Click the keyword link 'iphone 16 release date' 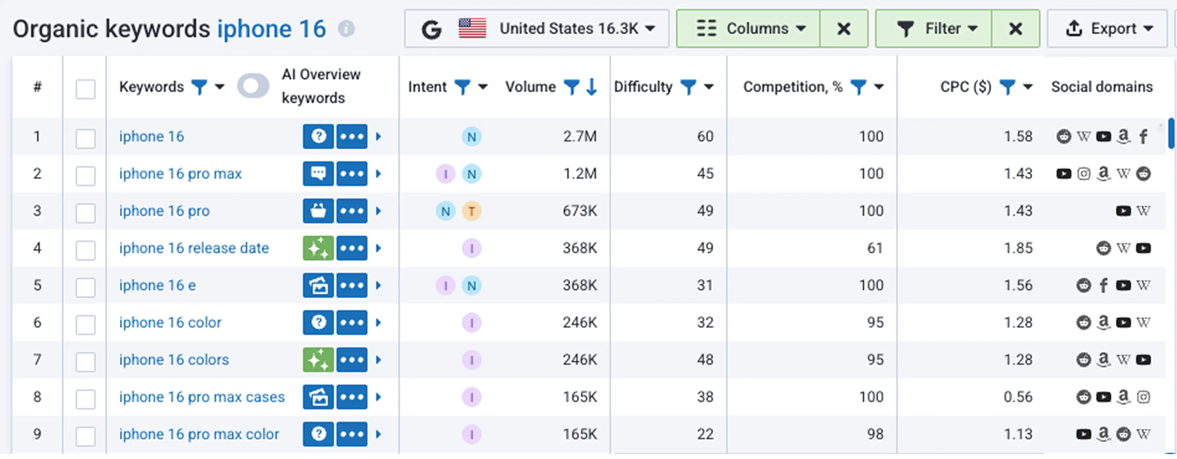194,248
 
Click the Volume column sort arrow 592,86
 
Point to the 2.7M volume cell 579,136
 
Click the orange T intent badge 471,211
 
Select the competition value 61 875,248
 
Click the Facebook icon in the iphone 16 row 1143,136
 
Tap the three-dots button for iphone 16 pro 352,211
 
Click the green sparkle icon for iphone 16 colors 318,360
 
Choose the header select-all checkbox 85,89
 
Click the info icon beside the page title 346,29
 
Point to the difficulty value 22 705,434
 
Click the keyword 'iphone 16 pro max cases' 201,397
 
